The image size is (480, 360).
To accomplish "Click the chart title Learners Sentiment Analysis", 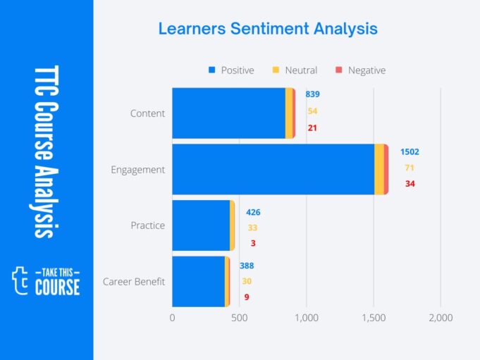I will click(267, 29).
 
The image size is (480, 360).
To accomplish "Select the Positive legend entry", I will click(231, 70).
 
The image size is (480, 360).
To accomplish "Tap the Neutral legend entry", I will click(295, 70).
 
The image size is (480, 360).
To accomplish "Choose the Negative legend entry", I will click(360, 70).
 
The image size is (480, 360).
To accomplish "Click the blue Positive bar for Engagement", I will click(273, 169).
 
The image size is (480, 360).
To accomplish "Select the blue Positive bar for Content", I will click(228, 113).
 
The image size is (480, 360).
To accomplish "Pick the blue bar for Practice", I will click(201, 225).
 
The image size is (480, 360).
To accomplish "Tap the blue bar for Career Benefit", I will click(198, 281).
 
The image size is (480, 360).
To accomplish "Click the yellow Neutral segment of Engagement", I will click(379, 169).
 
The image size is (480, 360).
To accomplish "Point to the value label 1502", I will click(410, 151).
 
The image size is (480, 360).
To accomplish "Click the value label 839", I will click(312, 94).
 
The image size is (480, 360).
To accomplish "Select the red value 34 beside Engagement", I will click(410, 184).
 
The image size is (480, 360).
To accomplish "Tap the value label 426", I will click(253, 212).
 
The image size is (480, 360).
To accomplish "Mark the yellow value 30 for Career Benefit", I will click(247, 281).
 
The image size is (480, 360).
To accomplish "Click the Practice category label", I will click(147, 225).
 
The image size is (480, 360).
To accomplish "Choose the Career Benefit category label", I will click(134, 282).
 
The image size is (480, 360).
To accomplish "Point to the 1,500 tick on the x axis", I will click(374, 318).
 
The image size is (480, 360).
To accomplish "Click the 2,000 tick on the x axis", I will click(441, 318).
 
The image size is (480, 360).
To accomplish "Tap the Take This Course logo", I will click(47, 281).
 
